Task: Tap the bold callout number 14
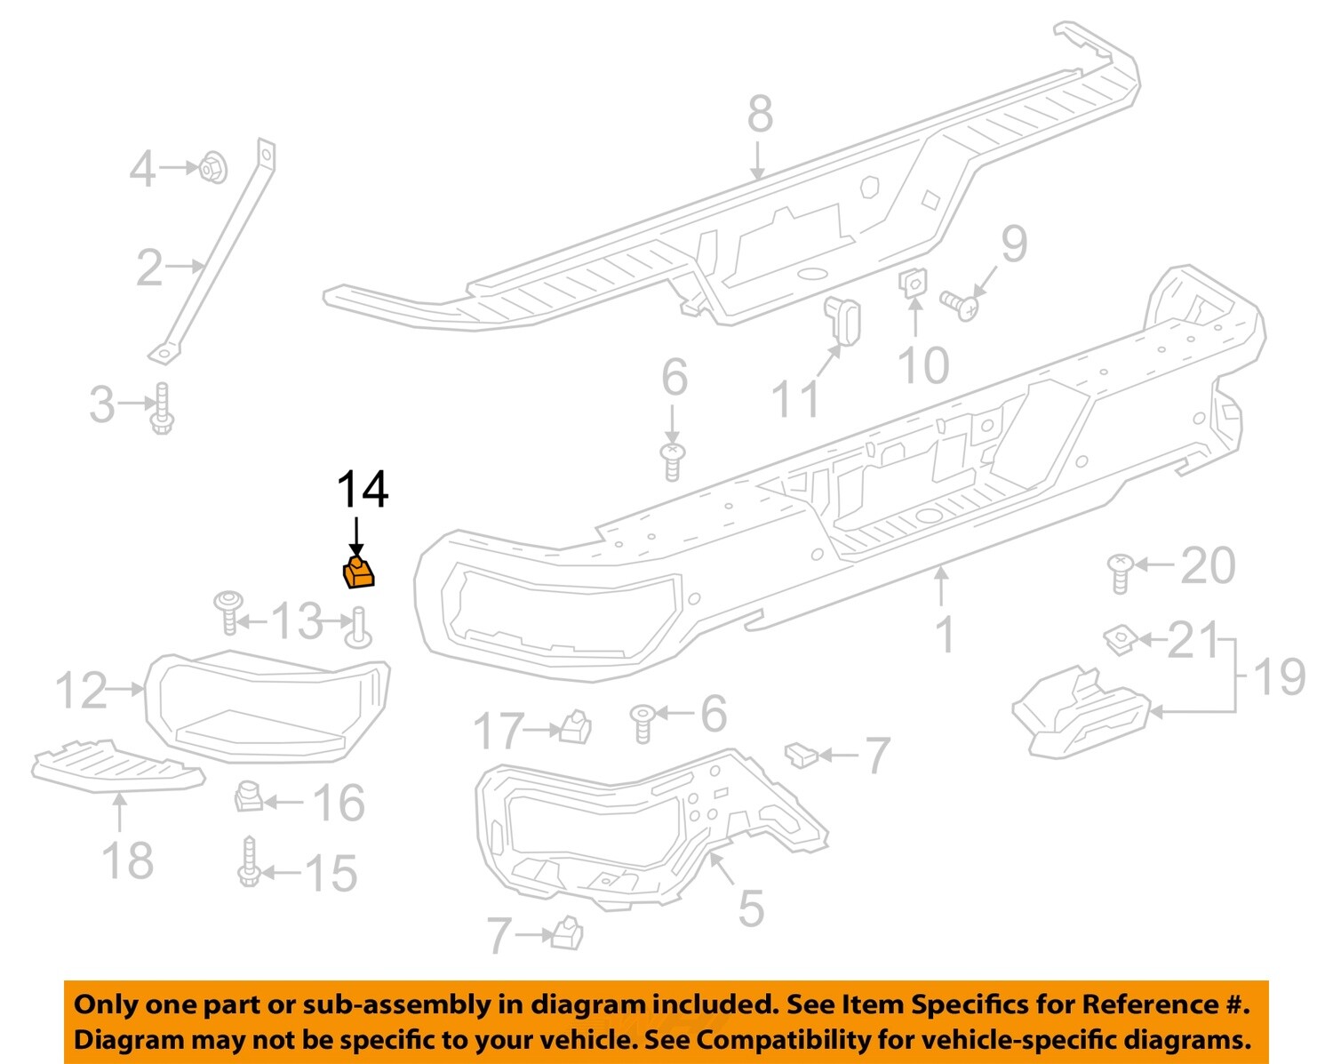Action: [x=363, y=490]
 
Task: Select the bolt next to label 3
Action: [x=162, y=409]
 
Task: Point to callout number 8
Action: [x=760, y=115]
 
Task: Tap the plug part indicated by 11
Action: [x=845, y=320]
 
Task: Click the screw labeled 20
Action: [x=1120, y=572]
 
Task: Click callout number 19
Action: [x=1280, y=677]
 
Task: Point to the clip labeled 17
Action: [x=576, y=727]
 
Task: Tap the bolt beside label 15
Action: [x=249, y=862]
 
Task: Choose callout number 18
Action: [x=128, y=860]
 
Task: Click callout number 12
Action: [x=81, y=691]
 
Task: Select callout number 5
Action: [x=751, y=908]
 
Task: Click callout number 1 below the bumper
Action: [x=946, y=634]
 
